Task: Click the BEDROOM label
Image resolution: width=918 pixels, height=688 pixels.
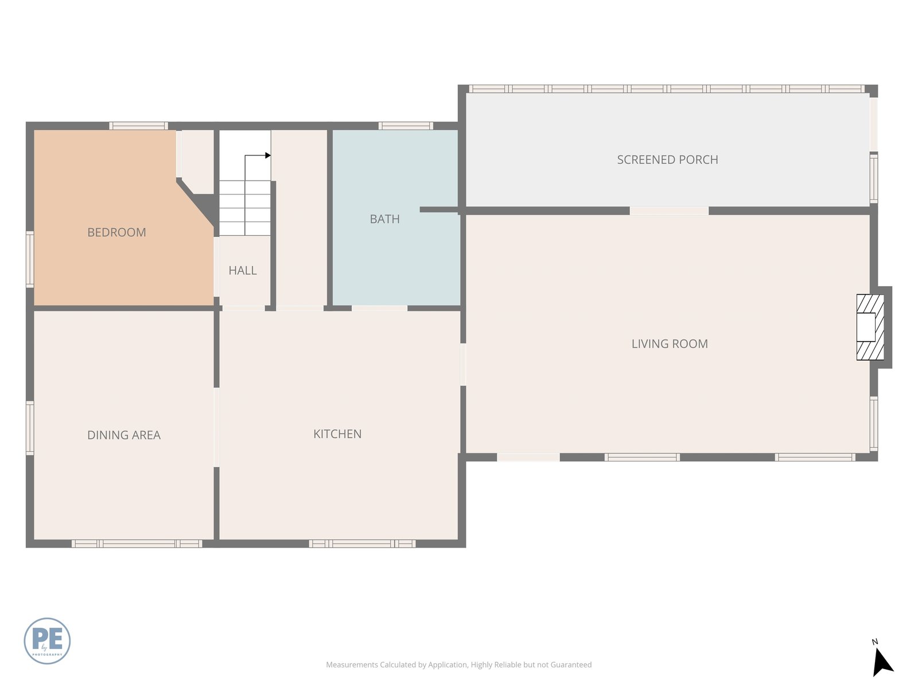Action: click(x=116, y=232)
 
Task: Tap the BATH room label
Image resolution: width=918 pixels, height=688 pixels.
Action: click(x=385, y=219)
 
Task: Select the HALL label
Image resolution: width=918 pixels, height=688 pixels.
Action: click(x=243, y=270)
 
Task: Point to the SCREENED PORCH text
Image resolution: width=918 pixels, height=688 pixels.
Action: click(x=667, y=159)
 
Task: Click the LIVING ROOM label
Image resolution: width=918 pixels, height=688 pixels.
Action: click(x=670, y=344)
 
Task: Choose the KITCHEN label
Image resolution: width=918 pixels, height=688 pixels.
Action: click(x=337, y=434)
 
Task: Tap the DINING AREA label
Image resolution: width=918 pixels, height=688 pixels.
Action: click(x=124, y=435)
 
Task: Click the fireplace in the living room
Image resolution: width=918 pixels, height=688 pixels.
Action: click(x=870, y=327)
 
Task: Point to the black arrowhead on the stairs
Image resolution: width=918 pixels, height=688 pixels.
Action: click(x=268, y=155)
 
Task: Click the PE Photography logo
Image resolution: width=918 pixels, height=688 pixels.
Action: click(x=47, y=641)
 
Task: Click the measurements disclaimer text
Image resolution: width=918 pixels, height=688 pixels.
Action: click(x=459, y=664)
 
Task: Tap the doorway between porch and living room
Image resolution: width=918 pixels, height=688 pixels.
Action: click(x=669, y=210)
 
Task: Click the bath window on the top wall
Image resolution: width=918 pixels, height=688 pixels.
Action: click(x=406, y=126)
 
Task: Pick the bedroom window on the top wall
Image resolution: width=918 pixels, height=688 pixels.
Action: click(x=138, y=126)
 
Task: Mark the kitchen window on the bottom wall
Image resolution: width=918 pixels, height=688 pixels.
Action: click(x=362, y=544)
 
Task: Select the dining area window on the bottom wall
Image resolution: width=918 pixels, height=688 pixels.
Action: click(x=137, y=544)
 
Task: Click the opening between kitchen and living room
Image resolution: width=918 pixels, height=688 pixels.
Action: click(x=463, y=364)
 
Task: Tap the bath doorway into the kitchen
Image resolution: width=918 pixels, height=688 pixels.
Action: click(x=379, y=308)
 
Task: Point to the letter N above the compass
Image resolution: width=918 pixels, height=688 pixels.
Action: click(x=874, y=642)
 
